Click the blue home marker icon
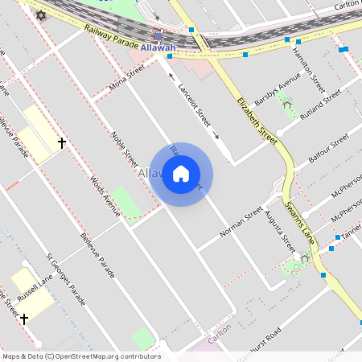181,174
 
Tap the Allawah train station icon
158,35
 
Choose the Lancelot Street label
194,104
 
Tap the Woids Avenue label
105,196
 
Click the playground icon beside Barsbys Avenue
286,104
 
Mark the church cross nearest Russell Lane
24,319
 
